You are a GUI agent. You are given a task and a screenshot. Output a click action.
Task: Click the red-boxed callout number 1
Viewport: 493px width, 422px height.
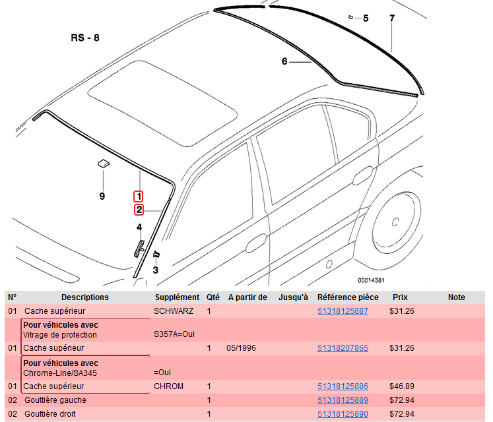139,196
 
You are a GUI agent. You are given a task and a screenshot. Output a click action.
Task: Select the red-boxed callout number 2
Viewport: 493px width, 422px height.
139,210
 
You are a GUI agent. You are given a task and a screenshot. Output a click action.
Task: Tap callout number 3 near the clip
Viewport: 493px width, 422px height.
155,269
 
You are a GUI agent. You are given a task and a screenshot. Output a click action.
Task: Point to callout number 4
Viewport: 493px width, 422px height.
139,227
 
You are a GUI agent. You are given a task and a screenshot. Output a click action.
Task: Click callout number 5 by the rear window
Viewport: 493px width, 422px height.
366,18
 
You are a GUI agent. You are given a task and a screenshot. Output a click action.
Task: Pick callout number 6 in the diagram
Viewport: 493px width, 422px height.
284,61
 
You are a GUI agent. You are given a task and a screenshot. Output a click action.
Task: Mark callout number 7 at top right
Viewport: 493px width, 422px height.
392,18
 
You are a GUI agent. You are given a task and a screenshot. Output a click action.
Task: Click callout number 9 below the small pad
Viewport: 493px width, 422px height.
102,196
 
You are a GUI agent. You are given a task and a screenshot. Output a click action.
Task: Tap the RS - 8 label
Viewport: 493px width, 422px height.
85,38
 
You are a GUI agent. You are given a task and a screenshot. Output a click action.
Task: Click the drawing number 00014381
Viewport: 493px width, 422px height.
371,280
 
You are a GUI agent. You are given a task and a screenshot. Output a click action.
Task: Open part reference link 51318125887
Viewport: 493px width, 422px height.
343,311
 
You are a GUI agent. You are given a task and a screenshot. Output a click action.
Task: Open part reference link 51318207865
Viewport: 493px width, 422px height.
343,347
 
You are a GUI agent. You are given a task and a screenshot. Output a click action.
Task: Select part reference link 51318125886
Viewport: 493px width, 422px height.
343,386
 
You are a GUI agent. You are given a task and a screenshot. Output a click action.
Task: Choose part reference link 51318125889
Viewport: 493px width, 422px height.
343,400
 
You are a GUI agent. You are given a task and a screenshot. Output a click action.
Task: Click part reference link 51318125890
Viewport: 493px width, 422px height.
343,414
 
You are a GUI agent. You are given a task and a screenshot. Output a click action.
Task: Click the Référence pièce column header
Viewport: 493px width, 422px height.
348,297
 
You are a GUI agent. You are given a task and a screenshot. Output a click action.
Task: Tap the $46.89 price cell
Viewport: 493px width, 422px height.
402,386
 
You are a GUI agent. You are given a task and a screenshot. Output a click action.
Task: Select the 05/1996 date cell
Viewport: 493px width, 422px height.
240,347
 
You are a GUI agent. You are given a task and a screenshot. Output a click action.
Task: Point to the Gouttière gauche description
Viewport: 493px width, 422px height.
55,400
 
